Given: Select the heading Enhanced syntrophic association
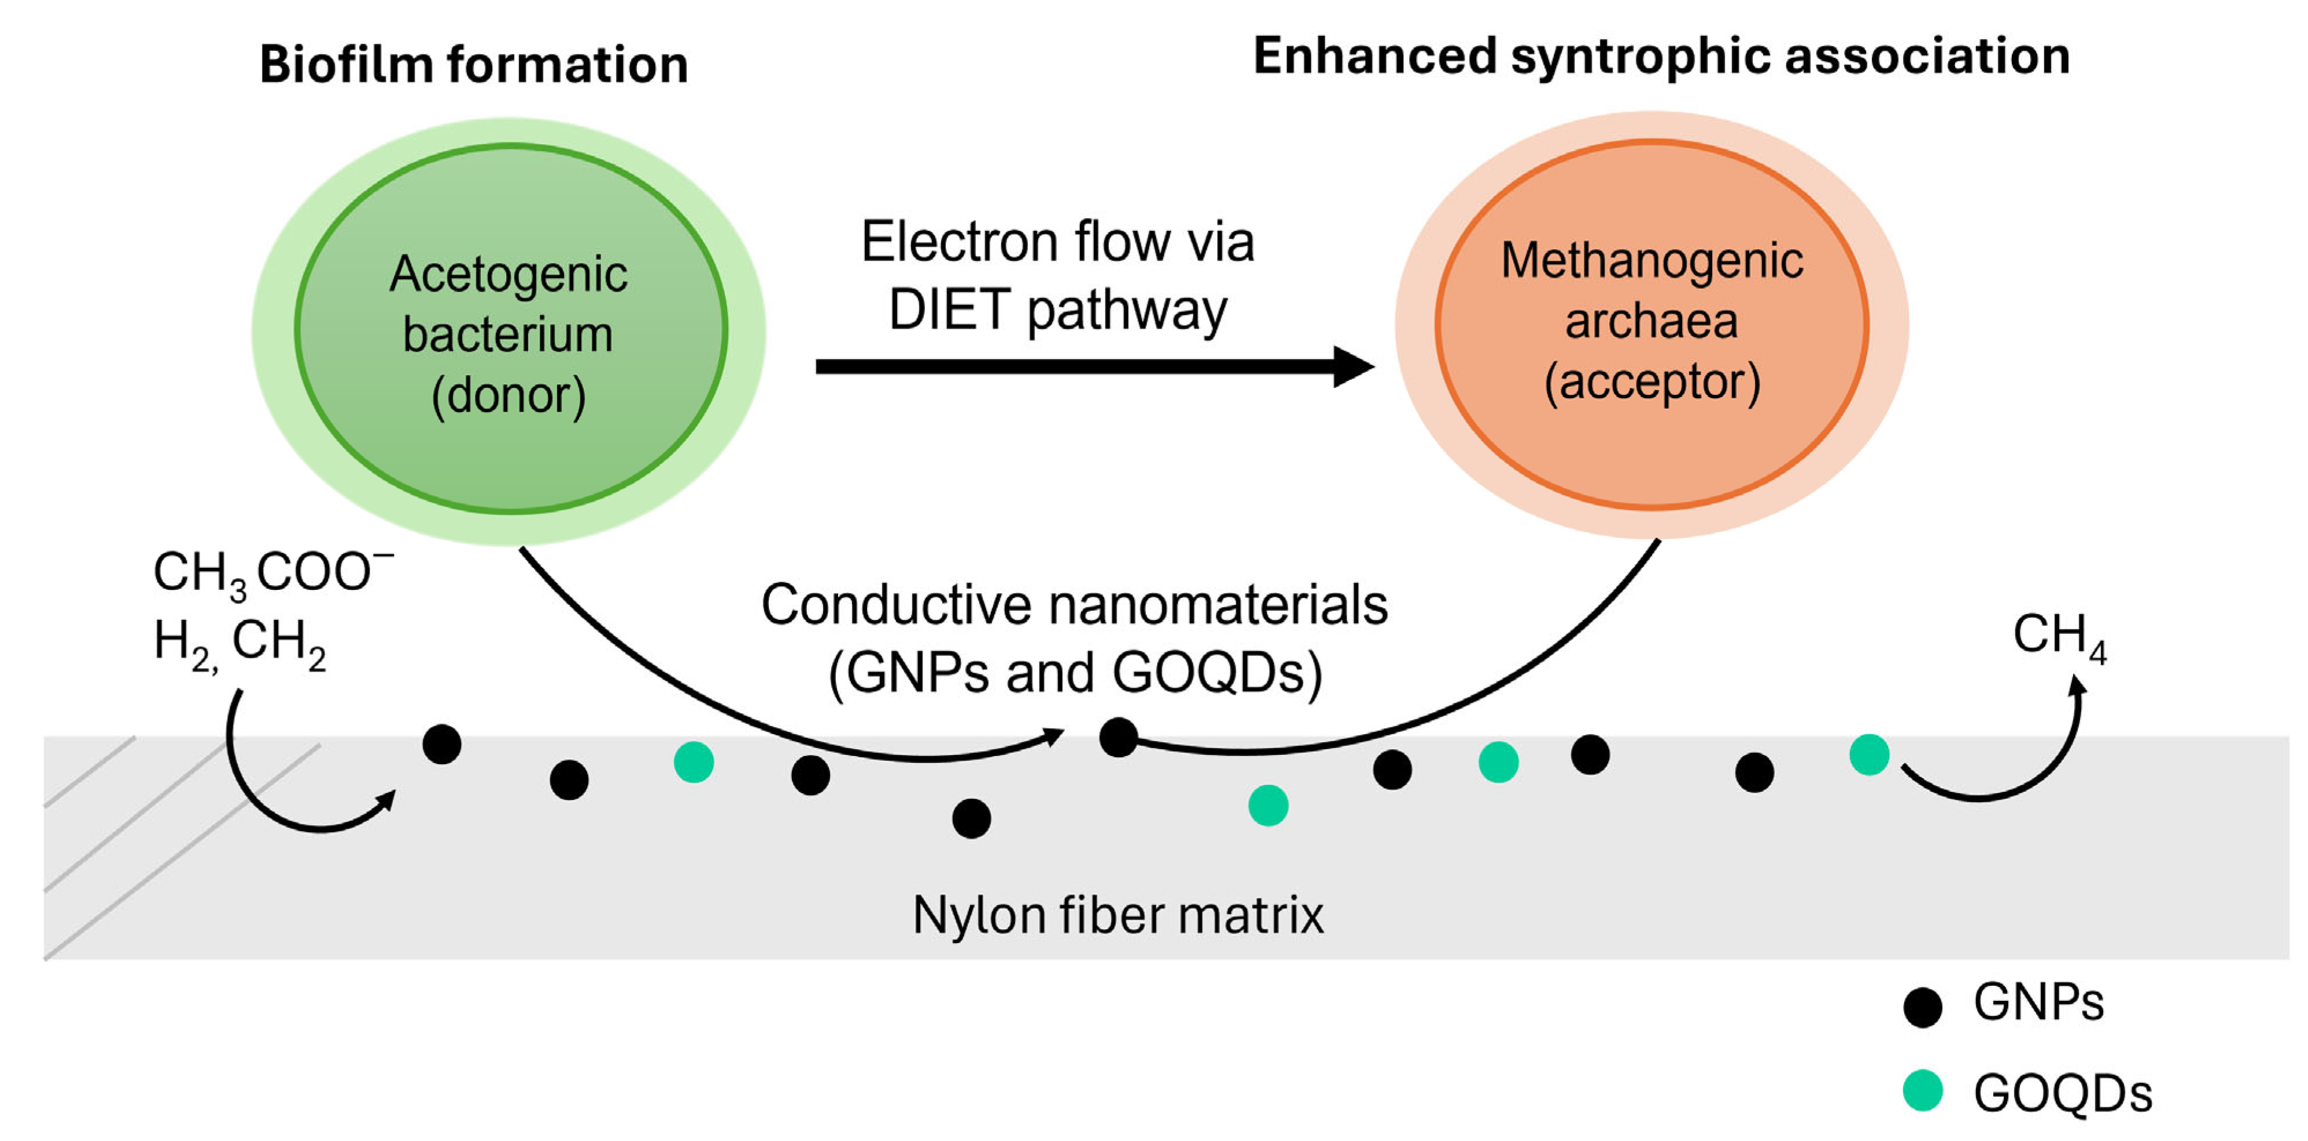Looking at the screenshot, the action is pyautogui.click(x=1661, y=57).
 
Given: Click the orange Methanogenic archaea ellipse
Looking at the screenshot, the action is pyautogui.click(x=1652, y=324).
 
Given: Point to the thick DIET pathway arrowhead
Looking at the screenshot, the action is pyautogui.click(x=1354, y=366).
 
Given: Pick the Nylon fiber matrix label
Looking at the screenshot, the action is pyautogui.click(x=1117, y=915).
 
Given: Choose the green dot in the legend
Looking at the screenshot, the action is pyautogui.click(x=1923, y=1091).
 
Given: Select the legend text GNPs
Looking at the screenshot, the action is pyautogui.click(x=2038, y=1002).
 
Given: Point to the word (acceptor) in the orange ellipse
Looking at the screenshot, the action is pyautogui.click(x=1652, y=382).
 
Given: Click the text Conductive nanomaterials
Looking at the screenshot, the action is pyautogui.click(x=1074, y=604).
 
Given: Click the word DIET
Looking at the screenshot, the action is pyautogui.click(x=950, y=309).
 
